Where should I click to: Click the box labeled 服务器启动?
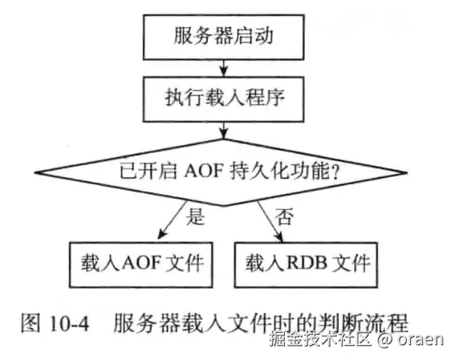click(x=224, y=36)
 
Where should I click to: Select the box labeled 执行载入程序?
click(x=224, y=96)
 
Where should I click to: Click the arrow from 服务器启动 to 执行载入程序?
click(x=225, y=66)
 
